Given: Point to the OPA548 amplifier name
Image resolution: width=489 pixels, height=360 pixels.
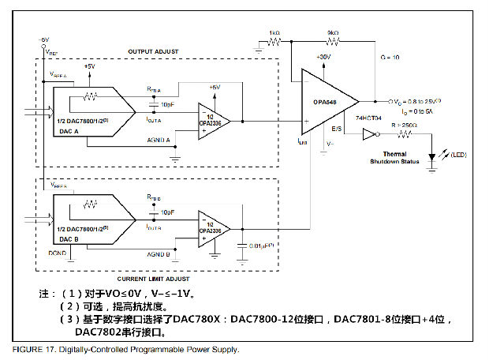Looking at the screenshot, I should pyautogui.click(x=324, y=100).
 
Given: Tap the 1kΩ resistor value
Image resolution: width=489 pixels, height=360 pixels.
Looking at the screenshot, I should pyautogui.click(x=274, y=33).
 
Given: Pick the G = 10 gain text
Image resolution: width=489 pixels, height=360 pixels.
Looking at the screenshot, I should pyautogui.click(x=390, y=58).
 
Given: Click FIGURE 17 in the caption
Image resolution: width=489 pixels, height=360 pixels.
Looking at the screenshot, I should pyautogui.click(x=35, y=349).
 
